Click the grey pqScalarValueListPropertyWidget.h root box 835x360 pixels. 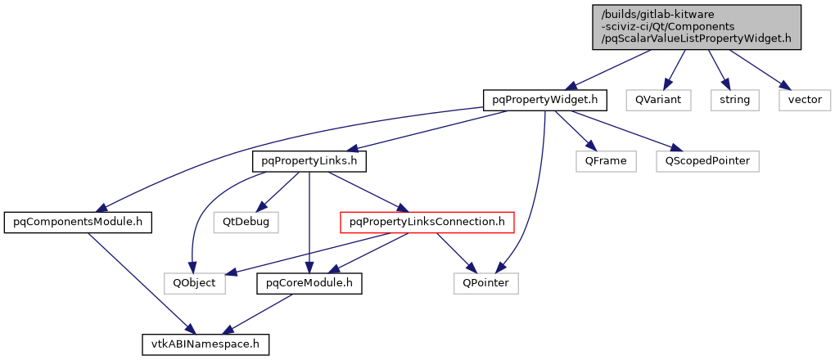tap(697, 27)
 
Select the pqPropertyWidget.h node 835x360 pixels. tap(544, 100)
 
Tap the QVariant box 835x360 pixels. tap(657, 100)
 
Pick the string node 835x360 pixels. tap(734, 100)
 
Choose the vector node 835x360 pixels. tap(804, 100)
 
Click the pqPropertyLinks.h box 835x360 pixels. tap(309, 161)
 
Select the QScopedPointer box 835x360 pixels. tap(707, 161)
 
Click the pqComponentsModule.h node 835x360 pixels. tap(79, 222)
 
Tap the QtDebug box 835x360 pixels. tap(245, 222)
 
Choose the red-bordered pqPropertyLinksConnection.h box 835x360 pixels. tap(427, 222)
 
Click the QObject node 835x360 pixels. tap(194, 283)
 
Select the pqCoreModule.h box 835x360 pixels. tap(309, 283)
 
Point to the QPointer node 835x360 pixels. tap(486, 283)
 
